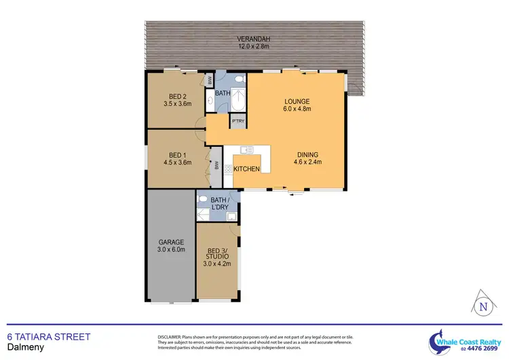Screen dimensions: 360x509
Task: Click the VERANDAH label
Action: (254, 39)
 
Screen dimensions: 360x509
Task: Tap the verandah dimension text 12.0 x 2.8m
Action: (254, 47)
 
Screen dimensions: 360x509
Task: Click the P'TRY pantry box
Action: (238, 122)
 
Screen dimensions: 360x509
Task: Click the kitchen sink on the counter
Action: (246, 150)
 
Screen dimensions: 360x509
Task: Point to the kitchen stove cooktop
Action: (229, 169)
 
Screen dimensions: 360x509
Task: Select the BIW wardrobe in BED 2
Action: (210, 79)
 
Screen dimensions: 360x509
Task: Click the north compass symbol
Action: (483, 306)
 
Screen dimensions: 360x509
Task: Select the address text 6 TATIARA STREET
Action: (48, 336)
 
